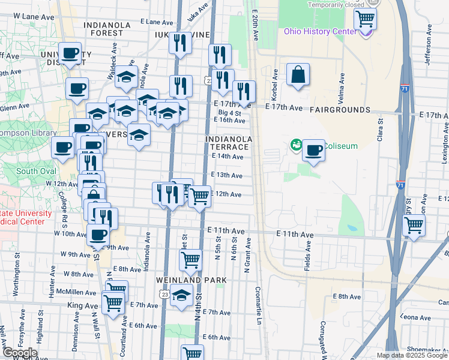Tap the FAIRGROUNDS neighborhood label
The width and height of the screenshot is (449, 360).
[340, 110]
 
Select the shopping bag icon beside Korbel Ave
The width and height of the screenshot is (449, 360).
[298, 75]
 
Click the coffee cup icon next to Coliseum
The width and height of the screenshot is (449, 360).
[313, 150]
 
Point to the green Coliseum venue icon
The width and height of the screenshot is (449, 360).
[295, 144]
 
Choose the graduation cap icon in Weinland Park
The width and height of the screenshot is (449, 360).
[181, 295]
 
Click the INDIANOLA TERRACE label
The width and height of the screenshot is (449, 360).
[228, 143]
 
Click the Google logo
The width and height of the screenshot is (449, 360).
[20, 353]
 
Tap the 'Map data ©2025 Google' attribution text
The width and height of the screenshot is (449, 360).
[411, 355]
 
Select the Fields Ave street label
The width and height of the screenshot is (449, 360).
[309, 254]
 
